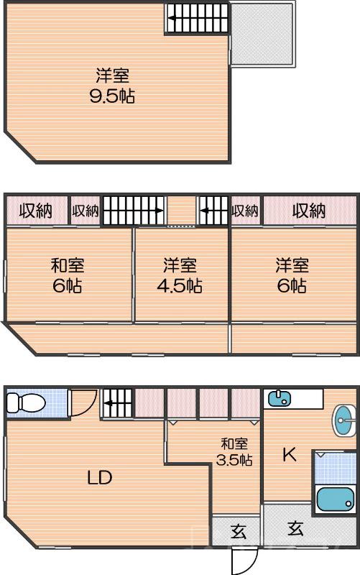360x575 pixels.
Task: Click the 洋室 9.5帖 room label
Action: (113, 86)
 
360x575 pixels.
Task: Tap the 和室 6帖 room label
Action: (68, 275)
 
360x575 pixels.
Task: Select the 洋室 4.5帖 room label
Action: (180, 275)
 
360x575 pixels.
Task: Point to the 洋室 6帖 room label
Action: (292, 275)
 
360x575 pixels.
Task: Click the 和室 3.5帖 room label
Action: (234, 451)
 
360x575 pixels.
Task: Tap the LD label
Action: (100, 477)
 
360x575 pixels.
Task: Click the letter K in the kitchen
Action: (290, 455)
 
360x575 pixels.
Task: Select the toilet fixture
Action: (26, 402)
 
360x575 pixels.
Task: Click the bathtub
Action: (336, 499)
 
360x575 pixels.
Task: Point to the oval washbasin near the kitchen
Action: (344, 420)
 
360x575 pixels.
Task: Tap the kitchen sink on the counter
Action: (280, 399)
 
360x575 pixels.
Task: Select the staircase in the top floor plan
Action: (198, 18)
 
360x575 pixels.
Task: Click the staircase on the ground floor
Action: (117, 403)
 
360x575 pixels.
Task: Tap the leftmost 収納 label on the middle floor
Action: (35, 211)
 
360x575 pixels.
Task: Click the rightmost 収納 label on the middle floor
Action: (309, 211)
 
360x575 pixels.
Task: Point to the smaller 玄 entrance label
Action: (239, 531)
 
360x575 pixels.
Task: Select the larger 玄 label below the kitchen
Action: (295, 528)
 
